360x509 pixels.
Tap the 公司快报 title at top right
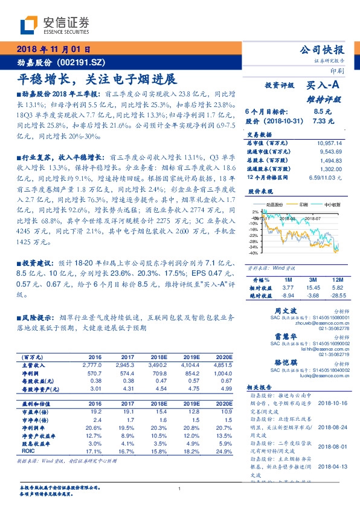pyautogui.click(x=323, y=50)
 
